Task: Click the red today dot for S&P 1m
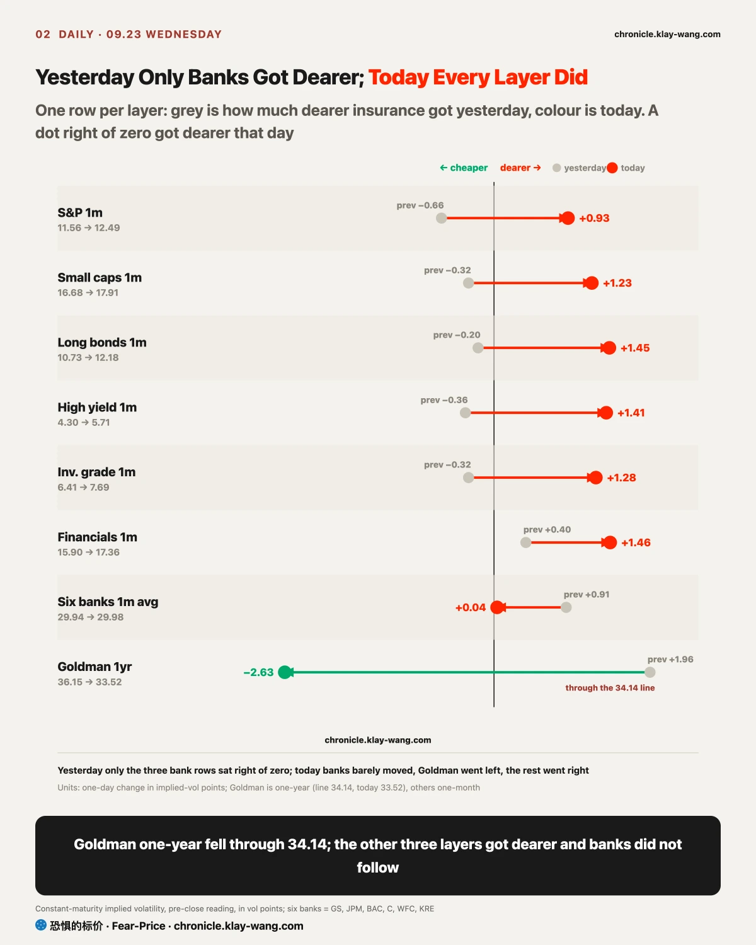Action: pyautogui.click(x=568, y=218)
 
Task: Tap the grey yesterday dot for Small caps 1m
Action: pyautogui.click(x=468, y=283)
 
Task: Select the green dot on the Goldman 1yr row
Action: pyautogui.click(x=285, y=672)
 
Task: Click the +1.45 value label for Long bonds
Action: pyautogui.click(x=635, y=348)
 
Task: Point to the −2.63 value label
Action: pyautogui.click(x=258, y=672)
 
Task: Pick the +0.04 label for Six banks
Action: pyautogui.click(x=471, y=607)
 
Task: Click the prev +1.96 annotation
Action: pyautogui.click(x=670, y=659)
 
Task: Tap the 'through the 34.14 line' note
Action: pyautogui.click(x=610, y=688)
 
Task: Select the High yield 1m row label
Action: pyautogui.click(x=97, y=407)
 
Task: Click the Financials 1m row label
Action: pyautogui.click(x=97, y=537)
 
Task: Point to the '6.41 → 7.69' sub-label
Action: pyautogui.click(x=83, y=487)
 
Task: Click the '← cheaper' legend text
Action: pyautogui.click(x=464, y=168)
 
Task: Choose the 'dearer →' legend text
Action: pyautogui.click(x=520, y=168)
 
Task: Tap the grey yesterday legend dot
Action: pyautogui.click(x=556, y=168)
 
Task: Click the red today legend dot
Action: pyautogui.click(x=612, y=168)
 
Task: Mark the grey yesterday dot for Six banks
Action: pyautogui.click(x=566, y=607)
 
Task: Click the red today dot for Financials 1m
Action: pyautogui.click(x=610, y=542)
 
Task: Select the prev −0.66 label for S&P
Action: pyautogui.click(x=420, y=205)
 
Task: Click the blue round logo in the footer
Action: pyautogui.click(x=41, y=925)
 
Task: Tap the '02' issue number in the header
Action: pyautogui.click(x=43, y=34)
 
